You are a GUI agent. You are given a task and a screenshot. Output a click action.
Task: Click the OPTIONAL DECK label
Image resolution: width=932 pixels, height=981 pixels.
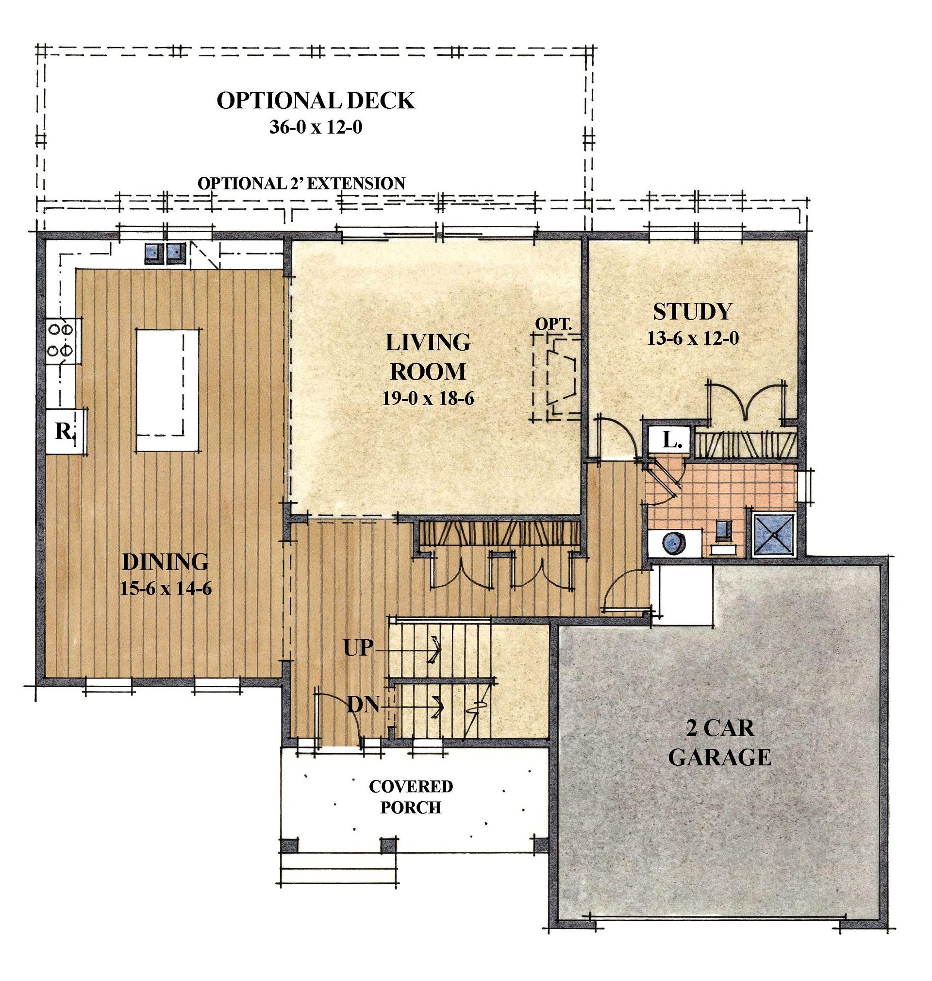[316, 101]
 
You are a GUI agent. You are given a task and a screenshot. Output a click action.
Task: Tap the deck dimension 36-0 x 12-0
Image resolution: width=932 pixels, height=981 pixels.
[316, 127]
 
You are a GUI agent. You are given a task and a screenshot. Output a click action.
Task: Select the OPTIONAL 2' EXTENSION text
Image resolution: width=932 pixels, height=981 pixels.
[301, 184]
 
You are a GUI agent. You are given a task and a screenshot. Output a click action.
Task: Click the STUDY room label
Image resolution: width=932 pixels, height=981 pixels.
[692, 312]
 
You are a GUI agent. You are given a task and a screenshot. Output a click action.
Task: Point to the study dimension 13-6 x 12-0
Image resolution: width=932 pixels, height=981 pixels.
[693, 338]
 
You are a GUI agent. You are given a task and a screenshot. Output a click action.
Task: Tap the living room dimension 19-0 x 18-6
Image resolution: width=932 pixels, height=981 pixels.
[428, 398]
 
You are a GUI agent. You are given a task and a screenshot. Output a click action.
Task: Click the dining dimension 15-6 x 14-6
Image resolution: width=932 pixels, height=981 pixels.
[166, 589]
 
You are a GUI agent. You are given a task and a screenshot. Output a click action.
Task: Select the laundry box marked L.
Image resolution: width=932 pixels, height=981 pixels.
[669, 440]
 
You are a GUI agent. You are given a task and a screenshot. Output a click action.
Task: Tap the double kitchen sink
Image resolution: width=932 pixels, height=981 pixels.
[166, 253]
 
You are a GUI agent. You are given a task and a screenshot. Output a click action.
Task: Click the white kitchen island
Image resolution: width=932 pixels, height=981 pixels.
[167, 390]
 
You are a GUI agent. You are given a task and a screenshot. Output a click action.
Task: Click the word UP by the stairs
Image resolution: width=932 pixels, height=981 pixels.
[358, 647]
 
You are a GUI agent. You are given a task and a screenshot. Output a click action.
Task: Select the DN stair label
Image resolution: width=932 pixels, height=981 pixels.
[363, 705]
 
